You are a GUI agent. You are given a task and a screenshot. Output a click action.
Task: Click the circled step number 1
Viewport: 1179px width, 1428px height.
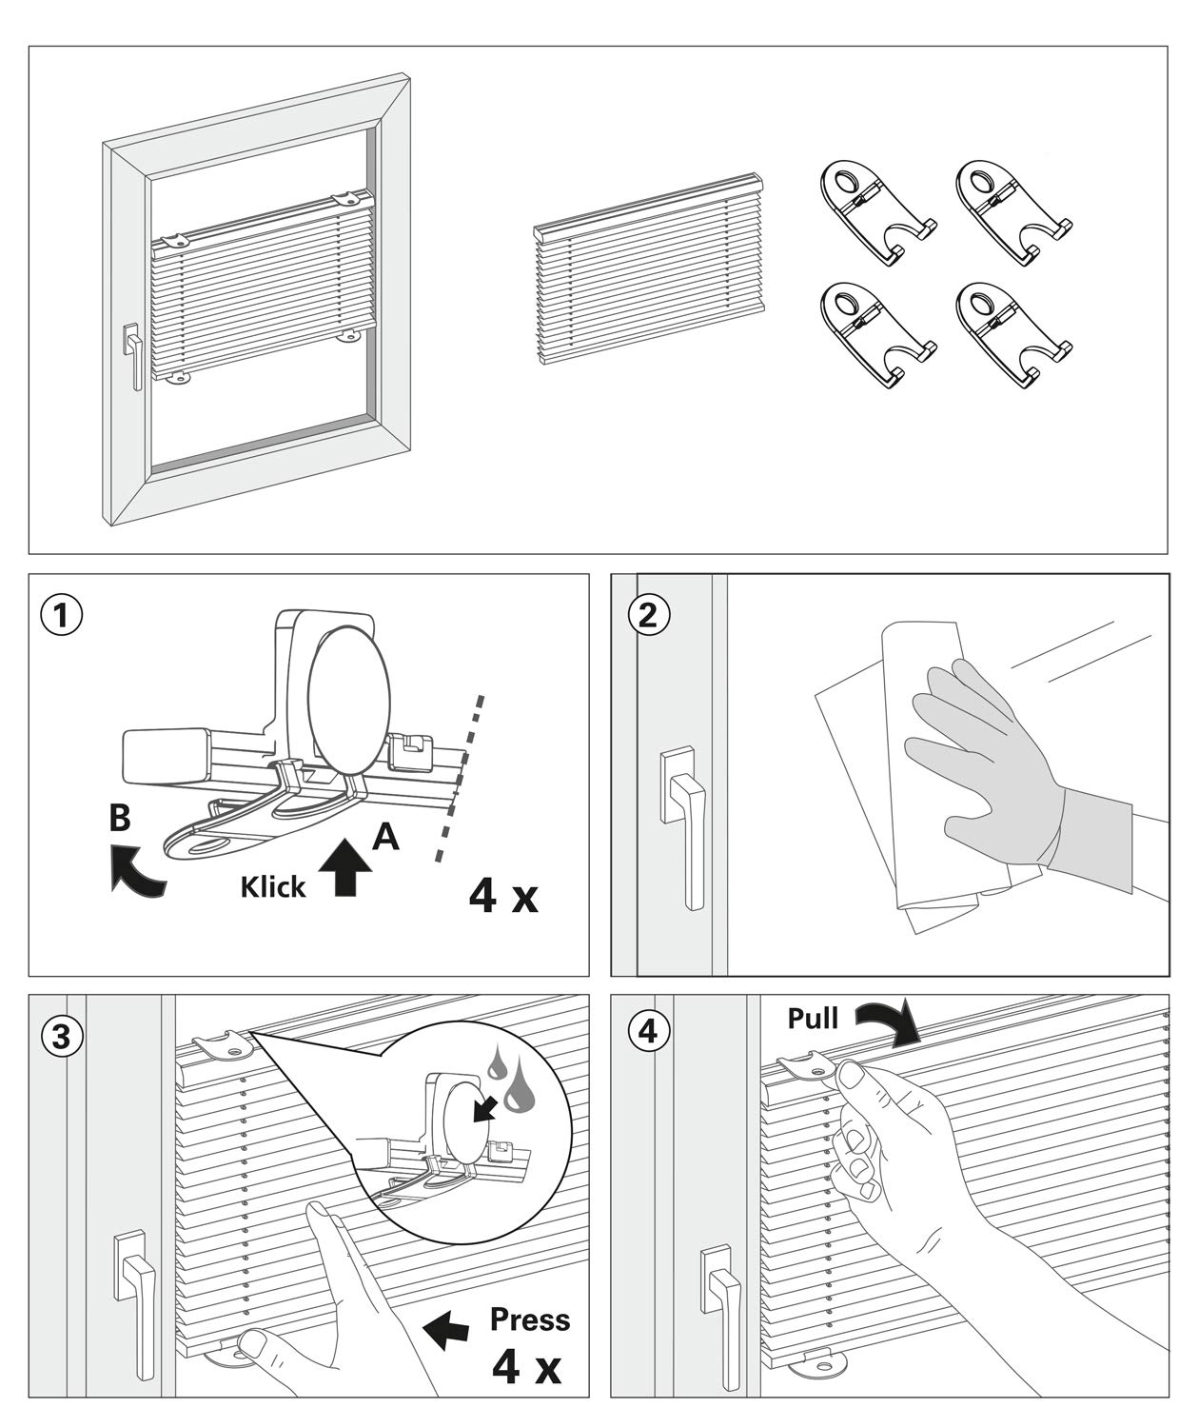[62, 616]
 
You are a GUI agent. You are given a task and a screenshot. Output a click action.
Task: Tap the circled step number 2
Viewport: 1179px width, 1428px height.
[648, 616]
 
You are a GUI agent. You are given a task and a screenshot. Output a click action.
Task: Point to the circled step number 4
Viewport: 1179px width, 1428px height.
[648, 1032]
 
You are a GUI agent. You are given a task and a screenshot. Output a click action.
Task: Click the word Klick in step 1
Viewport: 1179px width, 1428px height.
[273, 887]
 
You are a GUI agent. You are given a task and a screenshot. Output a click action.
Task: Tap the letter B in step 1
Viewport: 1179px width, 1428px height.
[120, 817]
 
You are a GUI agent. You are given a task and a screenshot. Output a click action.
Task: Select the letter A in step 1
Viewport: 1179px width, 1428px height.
[385, 836]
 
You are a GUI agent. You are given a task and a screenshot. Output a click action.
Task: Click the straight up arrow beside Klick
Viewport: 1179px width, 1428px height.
[348, 868]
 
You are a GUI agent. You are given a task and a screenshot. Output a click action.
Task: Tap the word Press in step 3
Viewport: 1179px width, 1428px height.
[530, 1319]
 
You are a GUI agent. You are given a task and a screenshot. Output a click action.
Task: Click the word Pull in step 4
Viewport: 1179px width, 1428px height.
[813, 1019]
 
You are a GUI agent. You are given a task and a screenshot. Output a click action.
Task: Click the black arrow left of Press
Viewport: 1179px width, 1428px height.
[445, 1331]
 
